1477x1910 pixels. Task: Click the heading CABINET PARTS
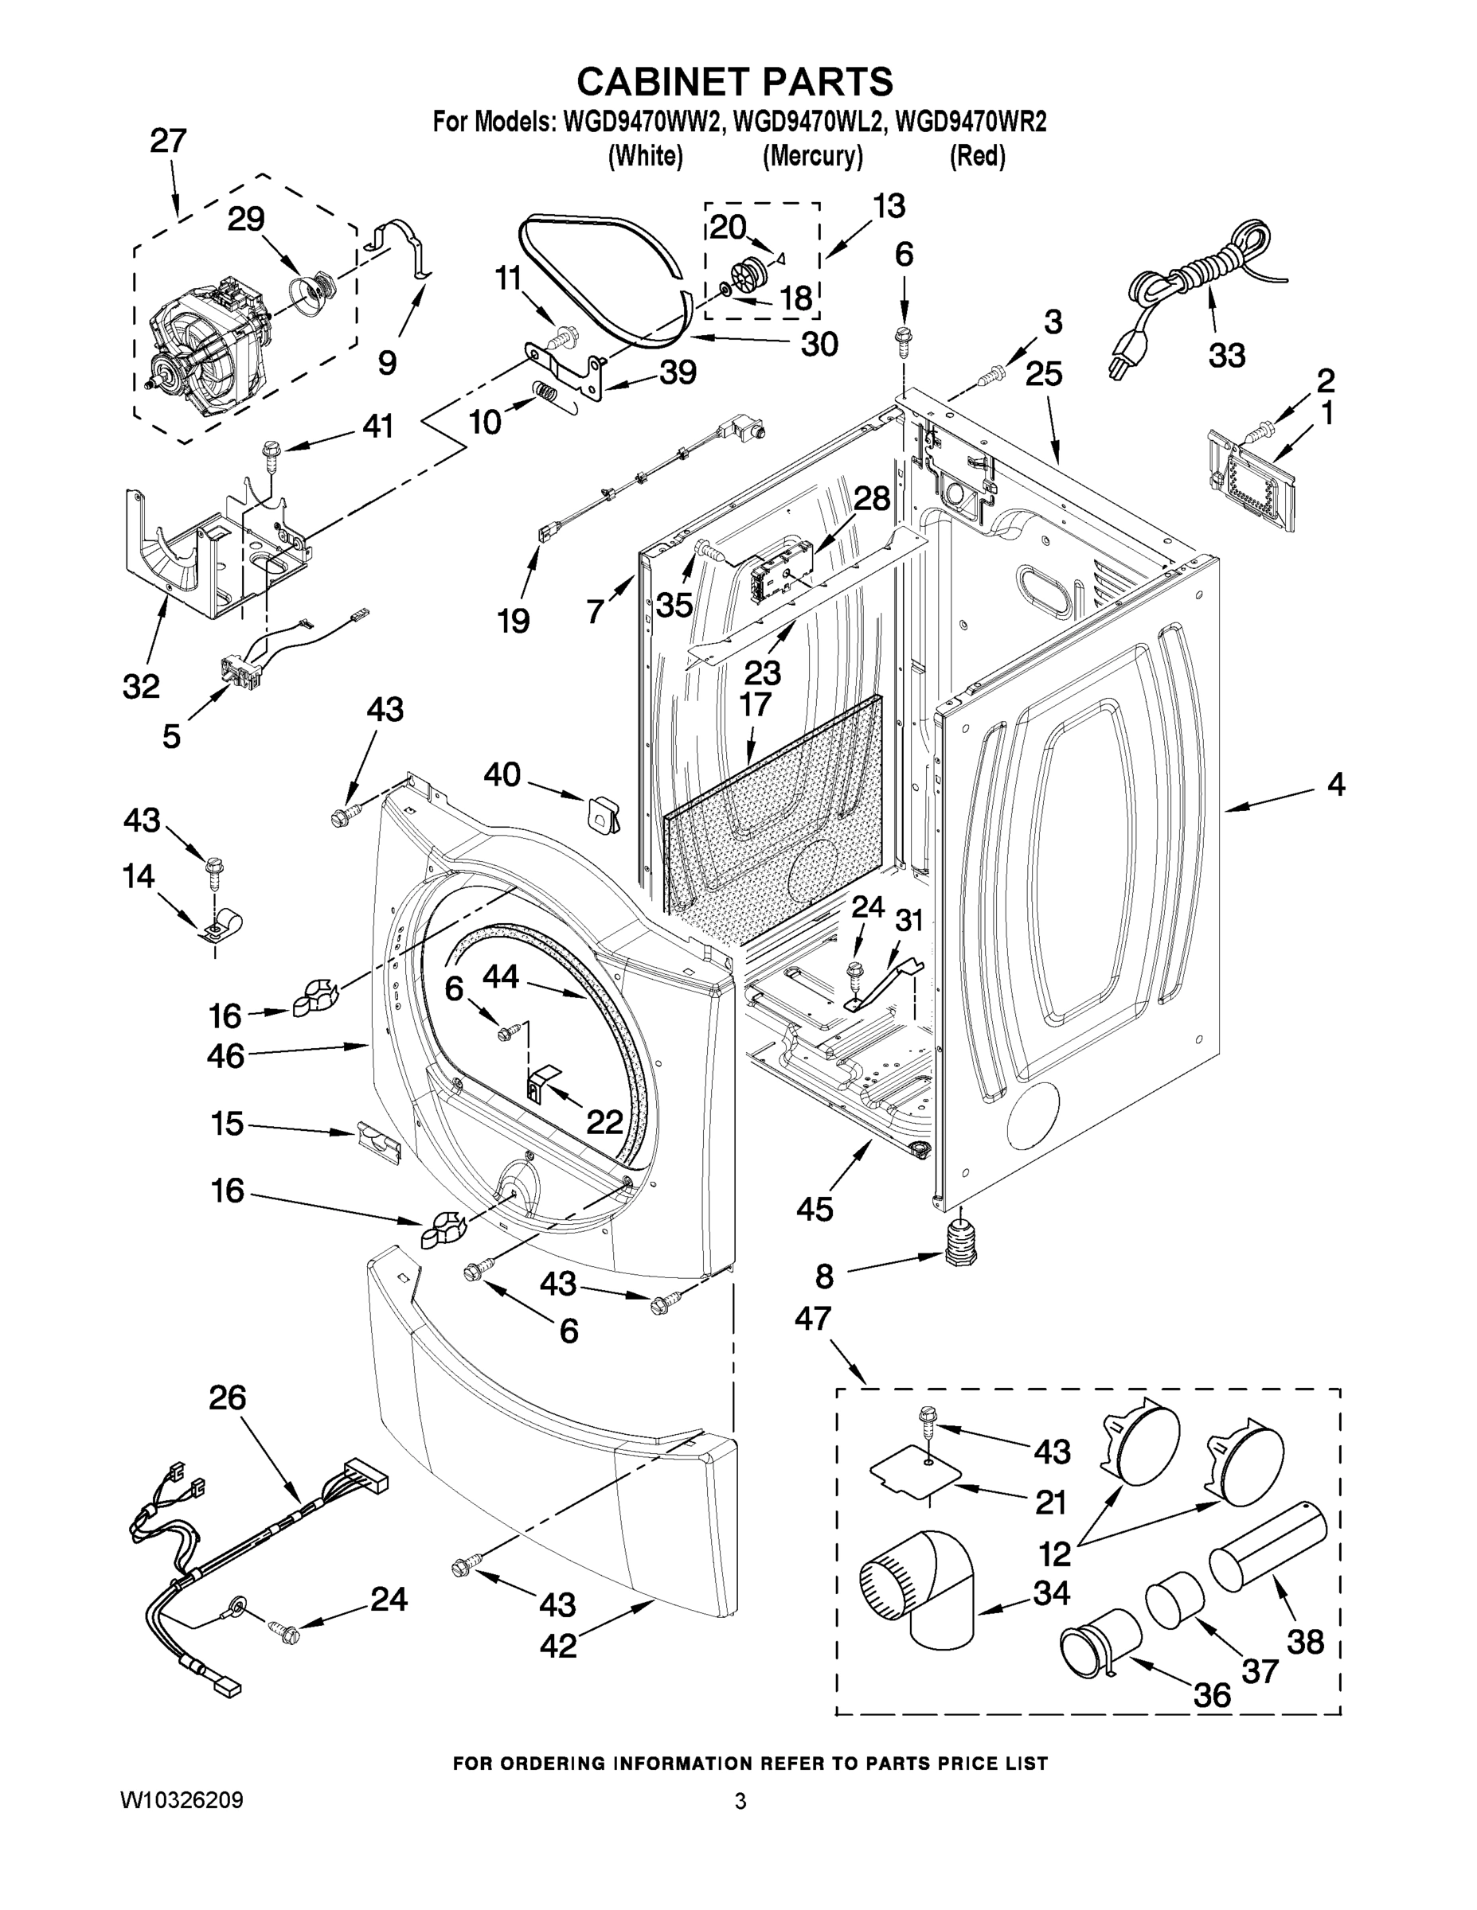735,81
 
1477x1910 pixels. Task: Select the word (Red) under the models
978,157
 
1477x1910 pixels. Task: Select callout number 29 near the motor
246,219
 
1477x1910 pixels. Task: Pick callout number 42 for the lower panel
558,1645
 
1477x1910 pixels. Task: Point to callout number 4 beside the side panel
1335,785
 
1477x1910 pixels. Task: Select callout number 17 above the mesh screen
755,704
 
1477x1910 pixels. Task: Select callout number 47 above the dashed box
812,1317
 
